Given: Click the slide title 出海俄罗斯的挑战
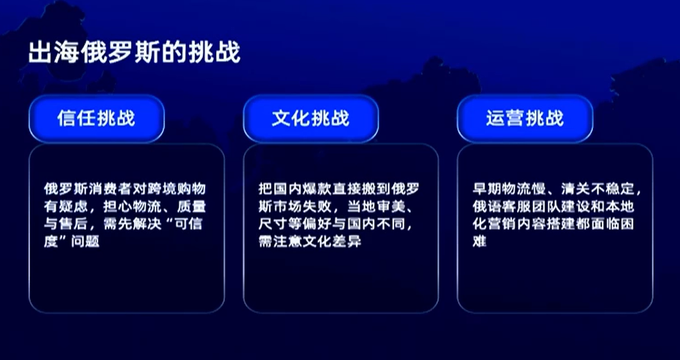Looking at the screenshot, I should tap(134, 53).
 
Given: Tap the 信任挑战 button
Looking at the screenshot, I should tap(96, 118).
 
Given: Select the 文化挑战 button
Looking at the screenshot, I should tap(311, 118).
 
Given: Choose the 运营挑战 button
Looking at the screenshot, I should tap(525, 118).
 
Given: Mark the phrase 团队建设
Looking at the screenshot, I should tap(555, 207).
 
